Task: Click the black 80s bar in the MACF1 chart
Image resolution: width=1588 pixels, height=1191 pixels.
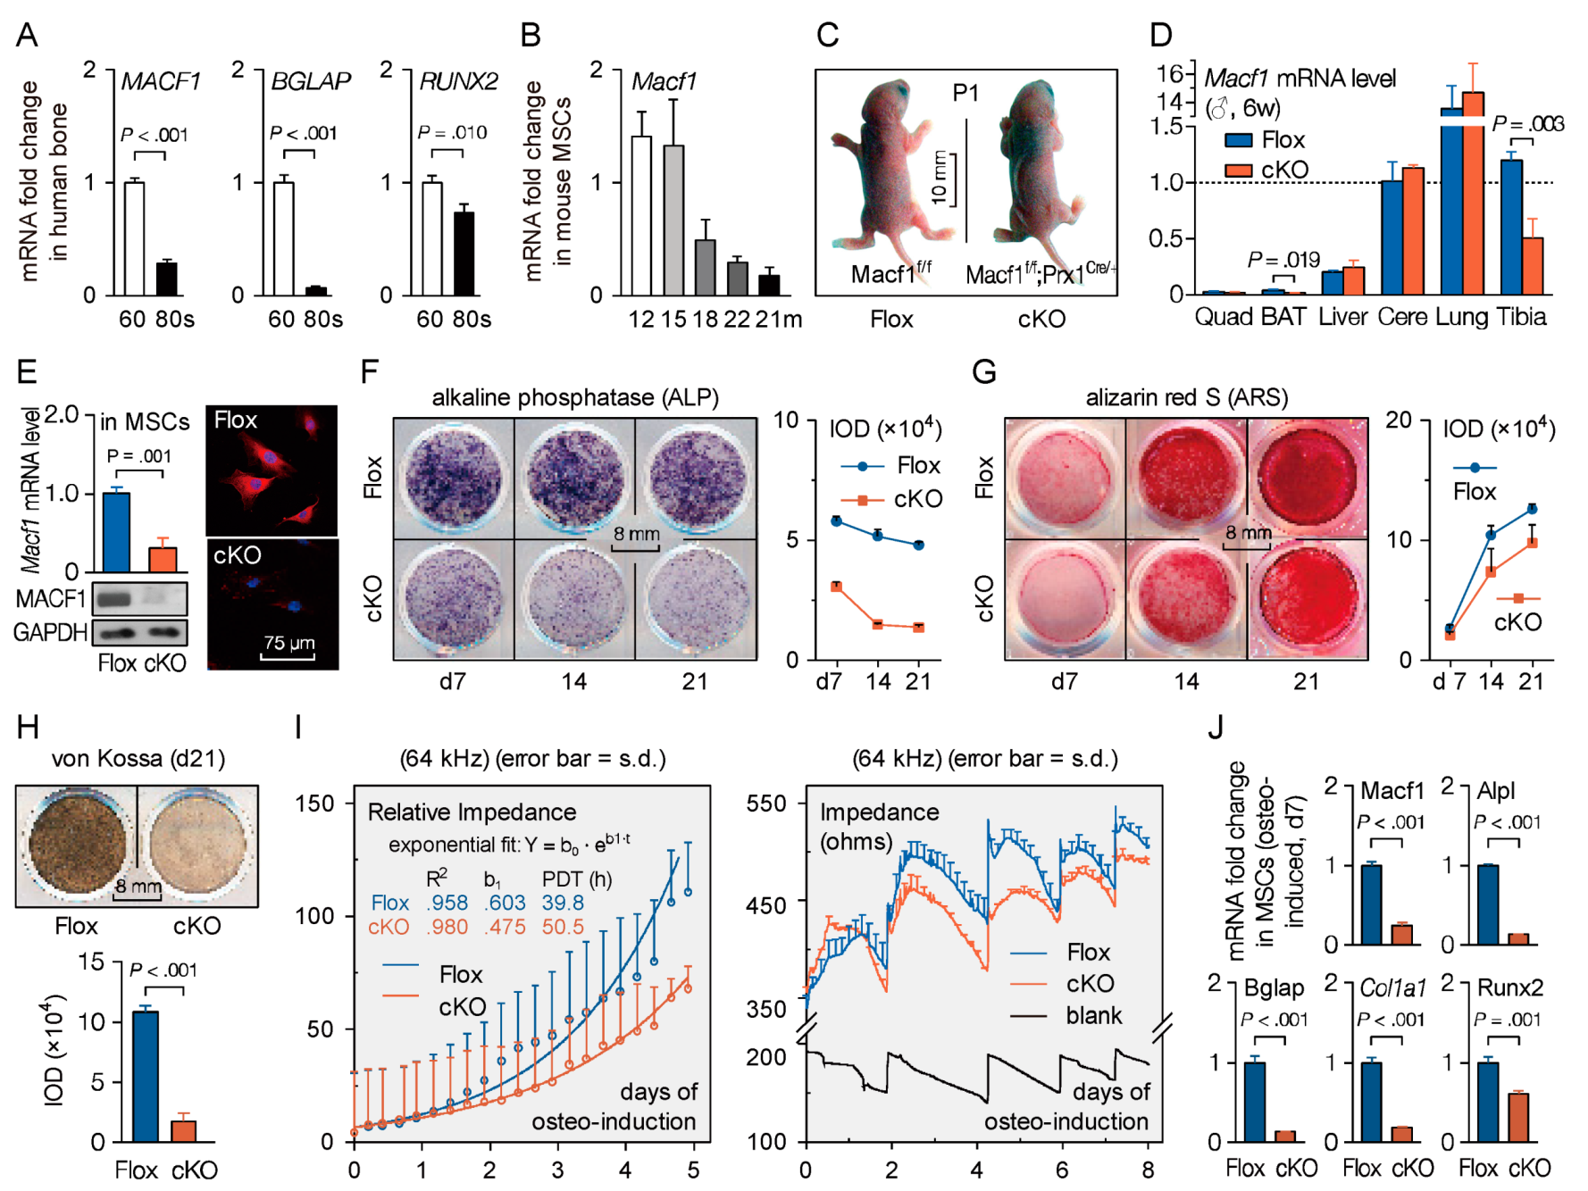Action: pyautogui.click(x=167, y=279)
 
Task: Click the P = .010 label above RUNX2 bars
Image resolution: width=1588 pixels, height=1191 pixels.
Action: pyautogui.click(x=452, y=133)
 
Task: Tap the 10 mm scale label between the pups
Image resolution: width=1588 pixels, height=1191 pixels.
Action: pyautogui.click(x=940, y=179)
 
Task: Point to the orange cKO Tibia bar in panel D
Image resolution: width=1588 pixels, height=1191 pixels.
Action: pyautogui.click(x=1533, y=265)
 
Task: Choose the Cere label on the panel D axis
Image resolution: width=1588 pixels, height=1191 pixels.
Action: pyautogui.click(x=1402, y=317)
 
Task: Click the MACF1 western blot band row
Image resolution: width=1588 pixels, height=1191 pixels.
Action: pyautogui.click(x=140, y=597)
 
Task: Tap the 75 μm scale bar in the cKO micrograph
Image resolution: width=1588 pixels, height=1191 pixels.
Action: pyautogui.click(x=288, y=657)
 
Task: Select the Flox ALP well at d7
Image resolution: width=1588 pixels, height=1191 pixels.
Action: pyautogui.click(x=453, y=479)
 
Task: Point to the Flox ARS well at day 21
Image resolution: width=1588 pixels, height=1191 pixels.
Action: pyautogui.click(x=1308, y=479)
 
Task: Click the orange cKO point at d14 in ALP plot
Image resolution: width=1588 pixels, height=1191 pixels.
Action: pyautogui.click(x=878, y=624)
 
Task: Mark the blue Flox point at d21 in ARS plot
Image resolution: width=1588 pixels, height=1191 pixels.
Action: pyautogui.click(x=1533, y=509)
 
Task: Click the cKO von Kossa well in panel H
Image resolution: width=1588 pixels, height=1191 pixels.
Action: pyautogui.click(x=197, y=845)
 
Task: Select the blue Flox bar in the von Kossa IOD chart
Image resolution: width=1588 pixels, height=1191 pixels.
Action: pyautogui.click(x=146, y=1076)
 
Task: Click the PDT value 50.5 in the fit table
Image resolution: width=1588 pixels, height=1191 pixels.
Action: pyautogui.click(x=563, y=927)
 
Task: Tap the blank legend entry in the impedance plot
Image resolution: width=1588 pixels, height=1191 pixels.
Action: pyautogui.click(x=1093, y=1016)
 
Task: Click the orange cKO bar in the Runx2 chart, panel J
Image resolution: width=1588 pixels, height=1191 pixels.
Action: pyautogui.click(x=1518, y=1117)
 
